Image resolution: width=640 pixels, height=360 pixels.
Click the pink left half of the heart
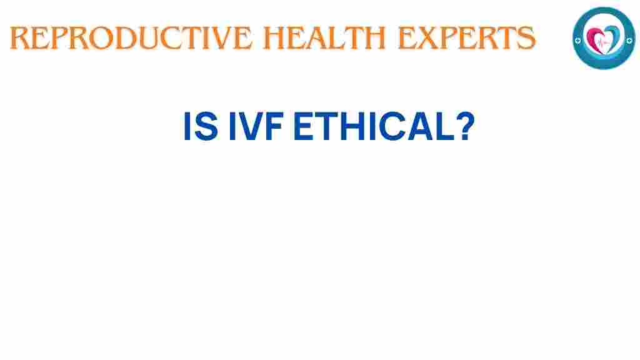click(597, 38)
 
